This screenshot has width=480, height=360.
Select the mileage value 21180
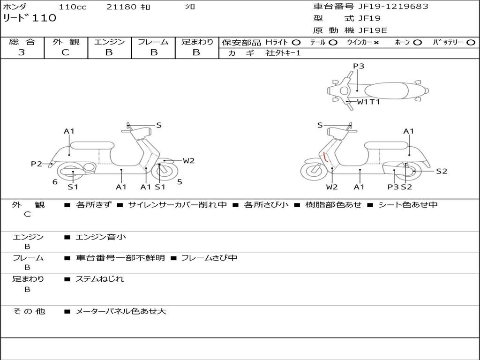click(121, 7)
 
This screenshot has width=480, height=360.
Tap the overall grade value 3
click(22, 52)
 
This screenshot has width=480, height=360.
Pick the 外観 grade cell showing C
click(66, 52)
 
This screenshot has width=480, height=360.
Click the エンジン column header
click(109, 42)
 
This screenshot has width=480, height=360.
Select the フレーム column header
click(153, 42)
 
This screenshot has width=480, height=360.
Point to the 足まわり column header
click(197, 42)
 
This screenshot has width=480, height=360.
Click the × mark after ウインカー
click(376, 42)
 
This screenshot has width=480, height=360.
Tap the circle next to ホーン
click(418, 42)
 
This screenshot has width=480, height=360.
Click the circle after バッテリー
click(471, 42)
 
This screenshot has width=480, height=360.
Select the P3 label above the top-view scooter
click(359, 66)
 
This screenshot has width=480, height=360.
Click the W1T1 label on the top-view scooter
click(368, 102)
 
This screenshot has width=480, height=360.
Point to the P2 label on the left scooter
click(37, 164)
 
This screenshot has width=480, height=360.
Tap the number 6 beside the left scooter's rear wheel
click(55, 182)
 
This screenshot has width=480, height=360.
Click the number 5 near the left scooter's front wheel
click(180, 182)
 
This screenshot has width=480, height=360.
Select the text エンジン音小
click(100, 237)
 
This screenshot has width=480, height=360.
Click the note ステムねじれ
click(99, 279)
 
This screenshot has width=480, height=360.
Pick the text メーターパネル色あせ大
click(121, 311)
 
